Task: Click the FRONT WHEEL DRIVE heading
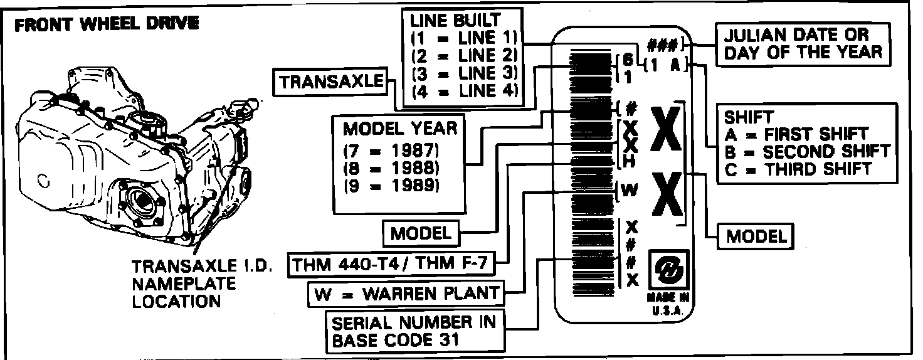coord(107,26)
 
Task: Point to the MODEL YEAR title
coord(400,129)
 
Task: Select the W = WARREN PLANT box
coord(408,293)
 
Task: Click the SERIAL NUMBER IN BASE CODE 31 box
coord(414,332)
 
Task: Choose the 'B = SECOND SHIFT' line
coord(807,151)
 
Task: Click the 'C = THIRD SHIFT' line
coord(798,169)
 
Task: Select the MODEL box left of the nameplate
coord(421,234)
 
